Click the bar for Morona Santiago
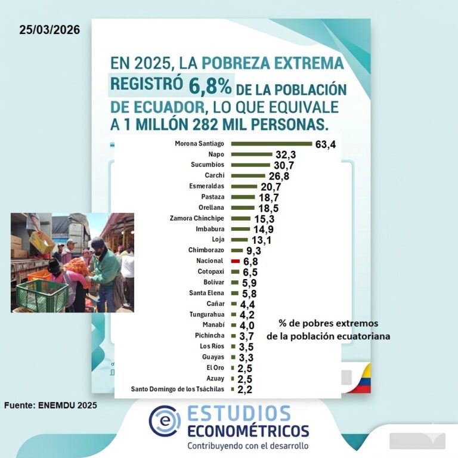pos(271,144)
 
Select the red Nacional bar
pos(235,261)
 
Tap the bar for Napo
pos(251,154)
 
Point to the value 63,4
pos(326,144)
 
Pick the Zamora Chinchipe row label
pos(196,218)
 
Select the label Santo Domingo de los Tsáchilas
pos(177,389)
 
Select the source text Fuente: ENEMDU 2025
pos(51,406)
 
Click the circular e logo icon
pos(164,420)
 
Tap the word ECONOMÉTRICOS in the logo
pos(248,431)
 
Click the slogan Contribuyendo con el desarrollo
pos(248,445)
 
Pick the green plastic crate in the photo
pos(42,295)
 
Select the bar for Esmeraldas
pos(244,187)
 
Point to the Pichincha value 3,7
pos(246,336)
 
